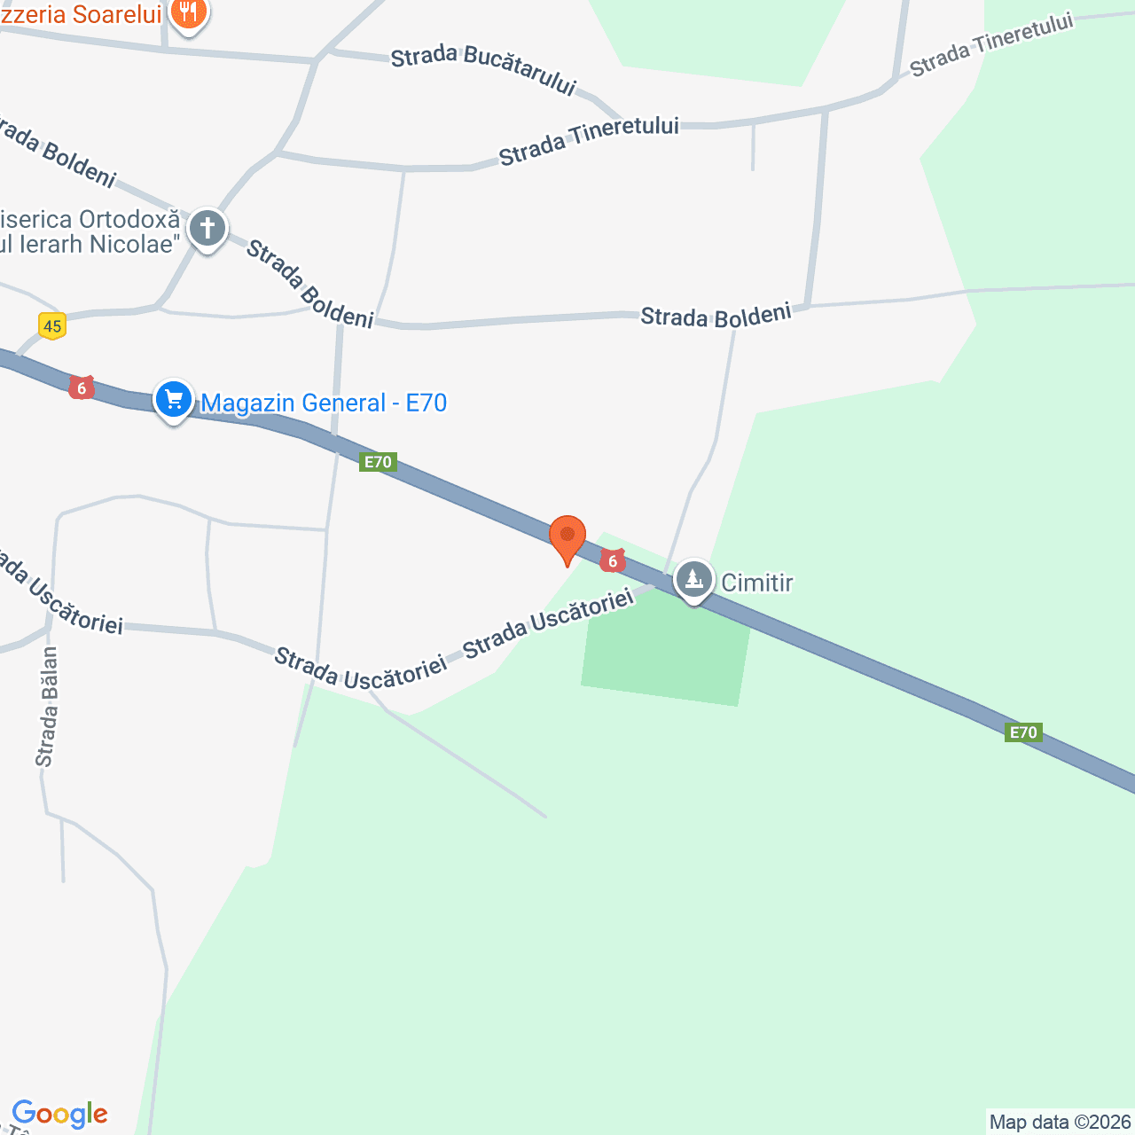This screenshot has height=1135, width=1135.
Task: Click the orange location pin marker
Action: (x=567, y=537)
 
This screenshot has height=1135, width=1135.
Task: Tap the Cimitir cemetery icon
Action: (x=693, y=580)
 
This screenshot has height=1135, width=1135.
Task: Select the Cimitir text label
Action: (x=756, y=583)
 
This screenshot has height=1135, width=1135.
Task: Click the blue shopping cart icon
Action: (x=174, y=400)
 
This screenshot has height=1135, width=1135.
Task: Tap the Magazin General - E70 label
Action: (x=324, y=403)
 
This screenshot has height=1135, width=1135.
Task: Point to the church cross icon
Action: (x=207, y=229)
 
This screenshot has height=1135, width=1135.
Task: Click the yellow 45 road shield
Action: (x=52, y=326)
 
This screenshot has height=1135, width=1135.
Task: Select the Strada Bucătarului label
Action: (x=483, y=69)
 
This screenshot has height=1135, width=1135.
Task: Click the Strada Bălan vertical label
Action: (x=47, y=707)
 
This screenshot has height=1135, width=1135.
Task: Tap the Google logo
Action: (x=59, y=1114)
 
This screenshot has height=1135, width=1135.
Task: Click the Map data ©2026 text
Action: (x=1060, y=1123)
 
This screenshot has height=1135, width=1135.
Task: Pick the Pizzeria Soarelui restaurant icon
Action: (x=188, y=13)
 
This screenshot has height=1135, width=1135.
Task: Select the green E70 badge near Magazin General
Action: (x=378, y=462)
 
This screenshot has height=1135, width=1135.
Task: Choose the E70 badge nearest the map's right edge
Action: (x=1023, y=732)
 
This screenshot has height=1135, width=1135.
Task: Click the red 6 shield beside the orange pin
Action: (x=613, y=561)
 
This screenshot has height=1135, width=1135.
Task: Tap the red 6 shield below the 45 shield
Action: (x=82, y=387)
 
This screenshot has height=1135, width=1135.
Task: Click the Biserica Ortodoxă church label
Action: (x=89, y=231)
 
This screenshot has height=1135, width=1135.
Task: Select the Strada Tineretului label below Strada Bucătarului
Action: (x=589, y=140)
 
